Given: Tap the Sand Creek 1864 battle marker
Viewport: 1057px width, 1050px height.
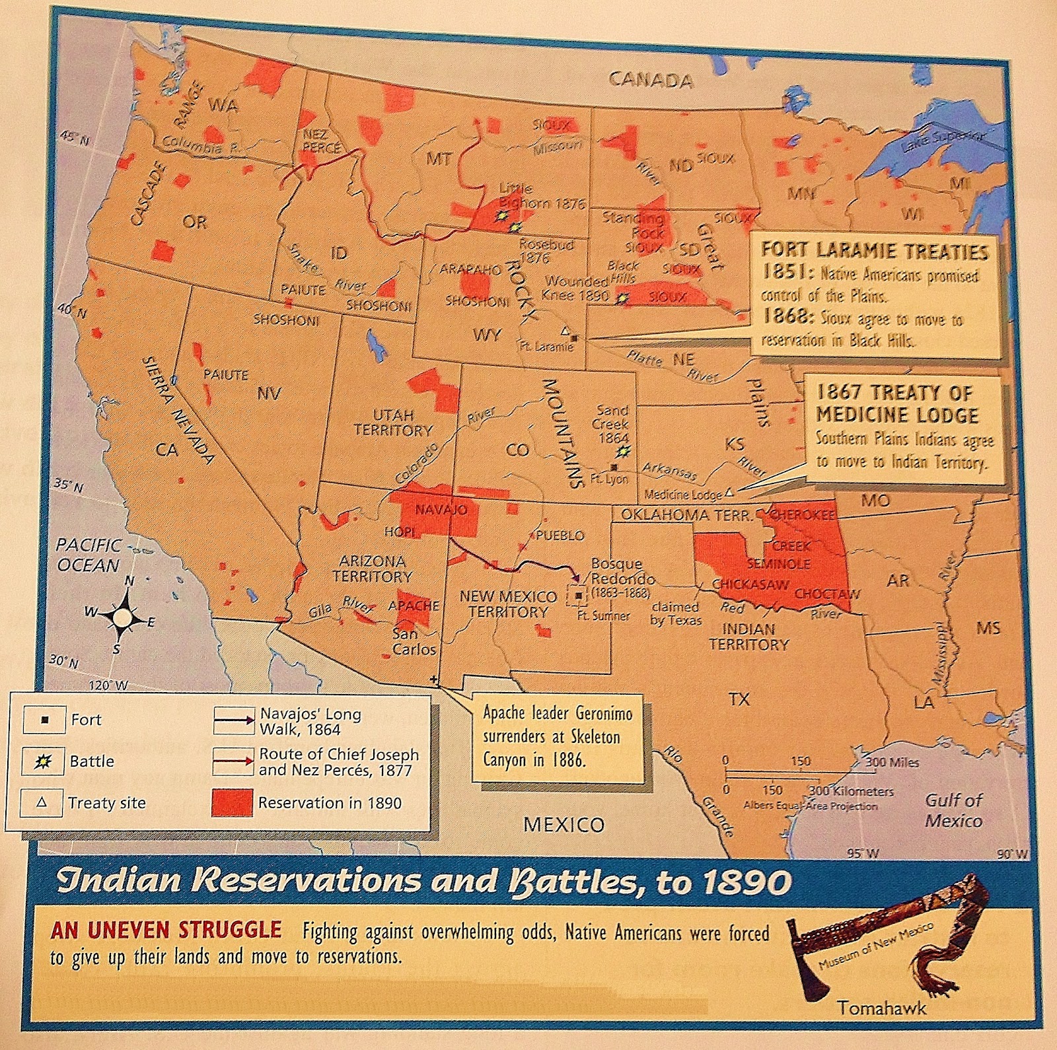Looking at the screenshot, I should tap(622, 452).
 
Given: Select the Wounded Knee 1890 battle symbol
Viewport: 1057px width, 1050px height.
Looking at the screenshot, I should tap(620, 298).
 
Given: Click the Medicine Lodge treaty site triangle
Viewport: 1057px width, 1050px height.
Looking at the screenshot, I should tap(729, 493).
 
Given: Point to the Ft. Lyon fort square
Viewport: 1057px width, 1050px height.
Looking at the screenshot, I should tap(614, 466).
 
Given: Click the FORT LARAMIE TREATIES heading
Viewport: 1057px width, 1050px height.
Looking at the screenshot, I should tap(875, 251).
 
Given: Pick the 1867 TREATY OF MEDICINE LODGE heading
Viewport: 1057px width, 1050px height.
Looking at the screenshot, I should tap(896, 404).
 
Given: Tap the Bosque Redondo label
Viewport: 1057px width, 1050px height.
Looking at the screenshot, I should tap(617, 571).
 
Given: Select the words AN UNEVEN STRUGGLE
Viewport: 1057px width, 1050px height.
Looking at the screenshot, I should tap(166, 930).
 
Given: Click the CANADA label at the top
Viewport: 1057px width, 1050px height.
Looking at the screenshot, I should tap(650, 81).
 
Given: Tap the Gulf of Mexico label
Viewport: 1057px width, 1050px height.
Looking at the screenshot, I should tap(953, 810).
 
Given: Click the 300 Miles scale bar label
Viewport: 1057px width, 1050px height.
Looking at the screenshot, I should tap(892, 762).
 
